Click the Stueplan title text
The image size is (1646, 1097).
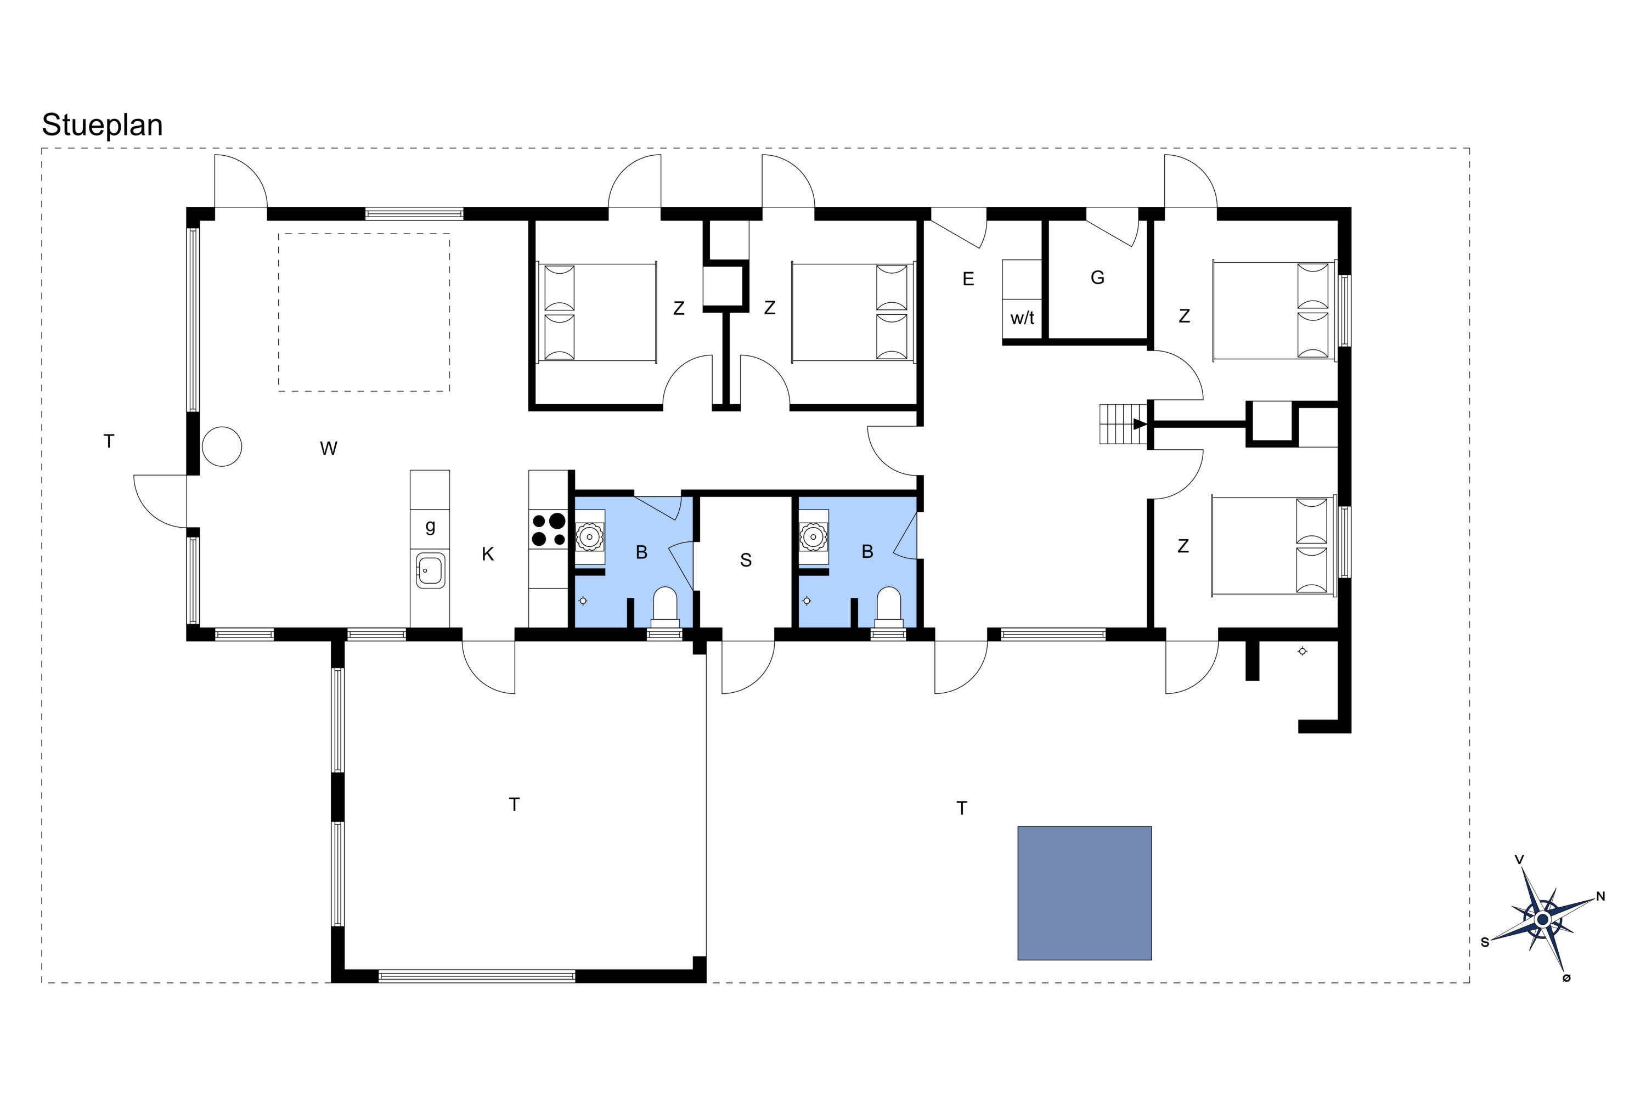pos(102,125)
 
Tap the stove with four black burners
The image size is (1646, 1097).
pos(549,530)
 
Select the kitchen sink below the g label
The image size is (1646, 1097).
pos(430,571)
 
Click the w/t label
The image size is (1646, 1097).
pos(1023,318)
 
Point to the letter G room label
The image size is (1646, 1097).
pos(1097,278)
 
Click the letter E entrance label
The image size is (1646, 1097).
pos(968,279)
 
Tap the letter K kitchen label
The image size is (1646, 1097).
pos(488,554)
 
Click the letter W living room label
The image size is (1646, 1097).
pos(329,449)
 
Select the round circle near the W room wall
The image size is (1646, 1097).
pos(222,446)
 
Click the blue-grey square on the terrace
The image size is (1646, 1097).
pos(1084,894)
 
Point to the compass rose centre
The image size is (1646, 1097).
pos(1542,919)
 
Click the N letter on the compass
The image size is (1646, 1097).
pos(1600,896)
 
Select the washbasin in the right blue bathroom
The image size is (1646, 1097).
pos(813,538)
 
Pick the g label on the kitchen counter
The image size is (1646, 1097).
pos(430,525)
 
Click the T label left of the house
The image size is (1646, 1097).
pos(109,442)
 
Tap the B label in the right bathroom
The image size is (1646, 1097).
pos(867,552)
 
